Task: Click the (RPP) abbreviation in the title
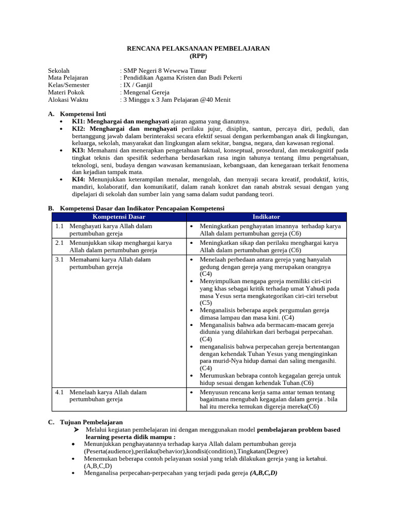point(198,55)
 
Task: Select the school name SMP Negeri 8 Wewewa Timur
point(164,71)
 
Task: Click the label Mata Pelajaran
point(68,78)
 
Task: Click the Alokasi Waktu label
point(68,100)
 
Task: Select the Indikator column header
point(266,216)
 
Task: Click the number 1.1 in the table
point(59,226)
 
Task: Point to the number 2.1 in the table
point(59,243)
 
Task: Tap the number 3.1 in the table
point(59,259)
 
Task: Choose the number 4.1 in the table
point(59,392)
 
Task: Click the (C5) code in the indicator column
point(206,303)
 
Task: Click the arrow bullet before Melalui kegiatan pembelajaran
point(75,430)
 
